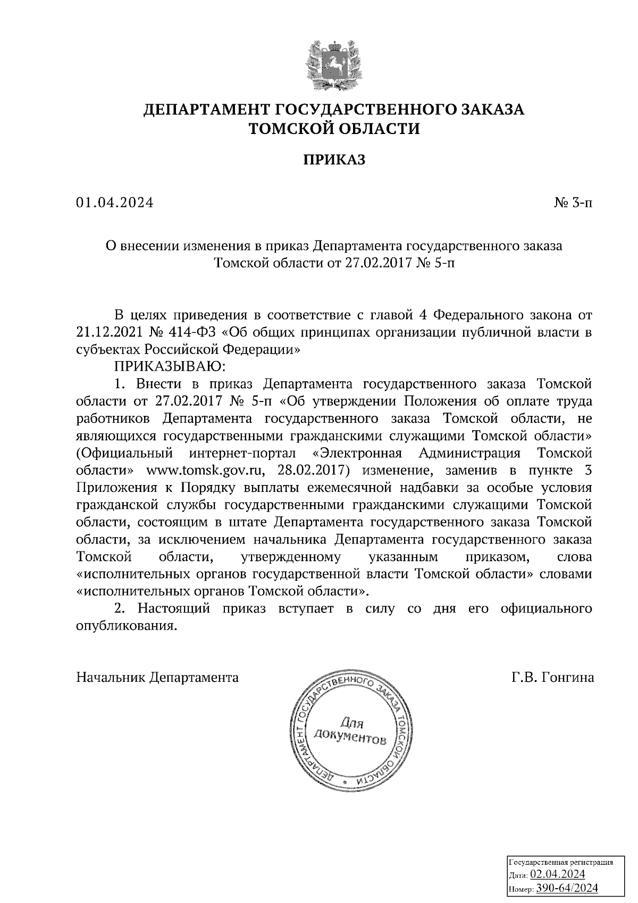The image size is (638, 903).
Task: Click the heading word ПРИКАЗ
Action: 334,160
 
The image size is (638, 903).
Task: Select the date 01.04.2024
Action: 114,203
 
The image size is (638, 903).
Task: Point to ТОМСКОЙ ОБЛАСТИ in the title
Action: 334,129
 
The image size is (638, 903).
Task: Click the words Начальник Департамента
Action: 158,678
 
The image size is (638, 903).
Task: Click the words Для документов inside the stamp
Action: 351,730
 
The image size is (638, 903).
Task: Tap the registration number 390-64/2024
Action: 567,888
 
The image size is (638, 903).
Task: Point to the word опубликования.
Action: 126,626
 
